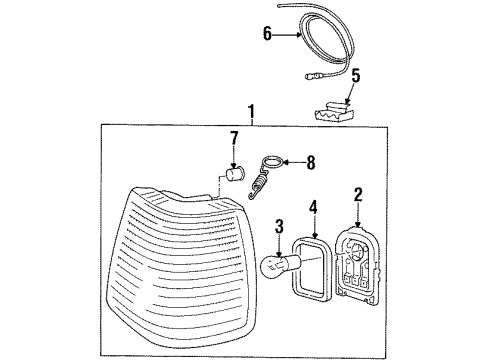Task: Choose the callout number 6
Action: (x=268, y=34)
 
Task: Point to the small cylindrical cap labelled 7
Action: (x=236, y=177)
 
